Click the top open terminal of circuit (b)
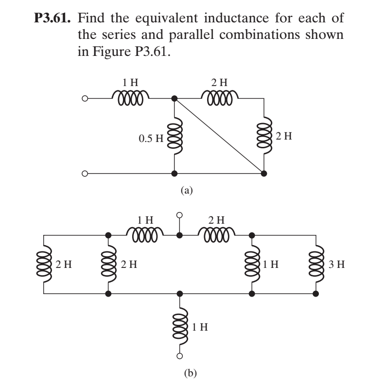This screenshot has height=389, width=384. tap(180, 214)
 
